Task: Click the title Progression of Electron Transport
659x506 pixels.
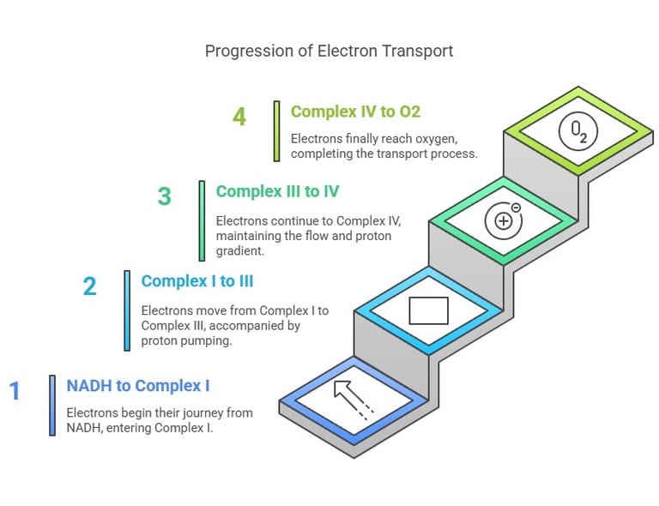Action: click(329, 51)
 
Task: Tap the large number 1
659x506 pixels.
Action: click(15, 391)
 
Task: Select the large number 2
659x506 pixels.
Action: click(89, 286)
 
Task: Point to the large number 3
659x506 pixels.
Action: click(164, 196)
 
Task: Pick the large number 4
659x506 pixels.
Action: click(239, 116)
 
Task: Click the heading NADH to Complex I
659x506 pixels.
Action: click(138, 385)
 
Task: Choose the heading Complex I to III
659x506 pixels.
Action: click(197, 280)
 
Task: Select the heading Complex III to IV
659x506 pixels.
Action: click(277, 190)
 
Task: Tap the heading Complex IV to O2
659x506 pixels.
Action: click(355, 111)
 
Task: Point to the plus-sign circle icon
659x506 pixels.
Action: click(502, 221)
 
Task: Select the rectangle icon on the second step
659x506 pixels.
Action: click(428, 310)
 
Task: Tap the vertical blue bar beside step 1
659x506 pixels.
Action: click(52, 406)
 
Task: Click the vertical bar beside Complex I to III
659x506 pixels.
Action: click(127, 310)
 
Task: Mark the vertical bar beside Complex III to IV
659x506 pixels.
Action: click(202, 220)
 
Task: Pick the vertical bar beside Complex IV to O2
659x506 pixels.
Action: click(276, 131)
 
